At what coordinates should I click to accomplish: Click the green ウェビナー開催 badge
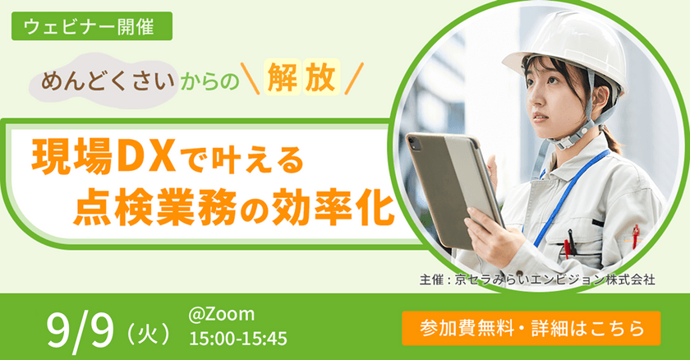[91, 26]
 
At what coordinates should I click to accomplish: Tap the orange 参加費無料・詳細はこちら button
[531, 326]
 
